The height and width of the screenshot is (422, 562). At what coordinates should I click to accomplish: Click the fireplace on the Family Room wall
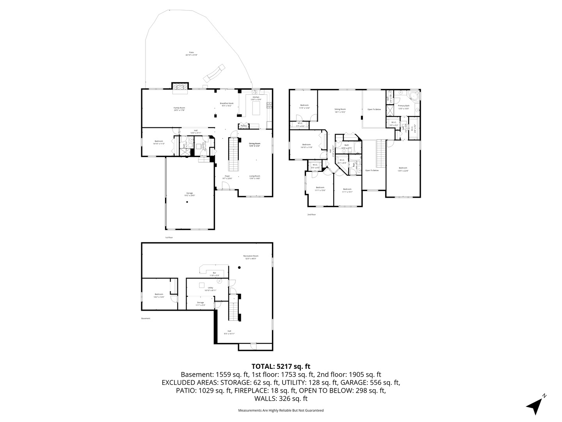pos(180,88)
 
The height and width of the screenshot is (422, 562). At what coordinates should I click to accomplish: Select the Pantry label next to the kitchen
pos(244,126)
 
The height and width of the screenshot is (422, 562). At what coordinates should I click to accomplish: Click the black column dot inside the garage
pos(187,202)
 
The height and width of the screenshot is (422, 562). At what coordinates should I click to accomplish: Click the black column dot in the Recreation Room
pos(240,268)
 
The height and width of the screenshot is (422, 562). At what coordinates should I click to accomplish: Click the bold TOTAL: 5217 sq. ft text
pos(281,367)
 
